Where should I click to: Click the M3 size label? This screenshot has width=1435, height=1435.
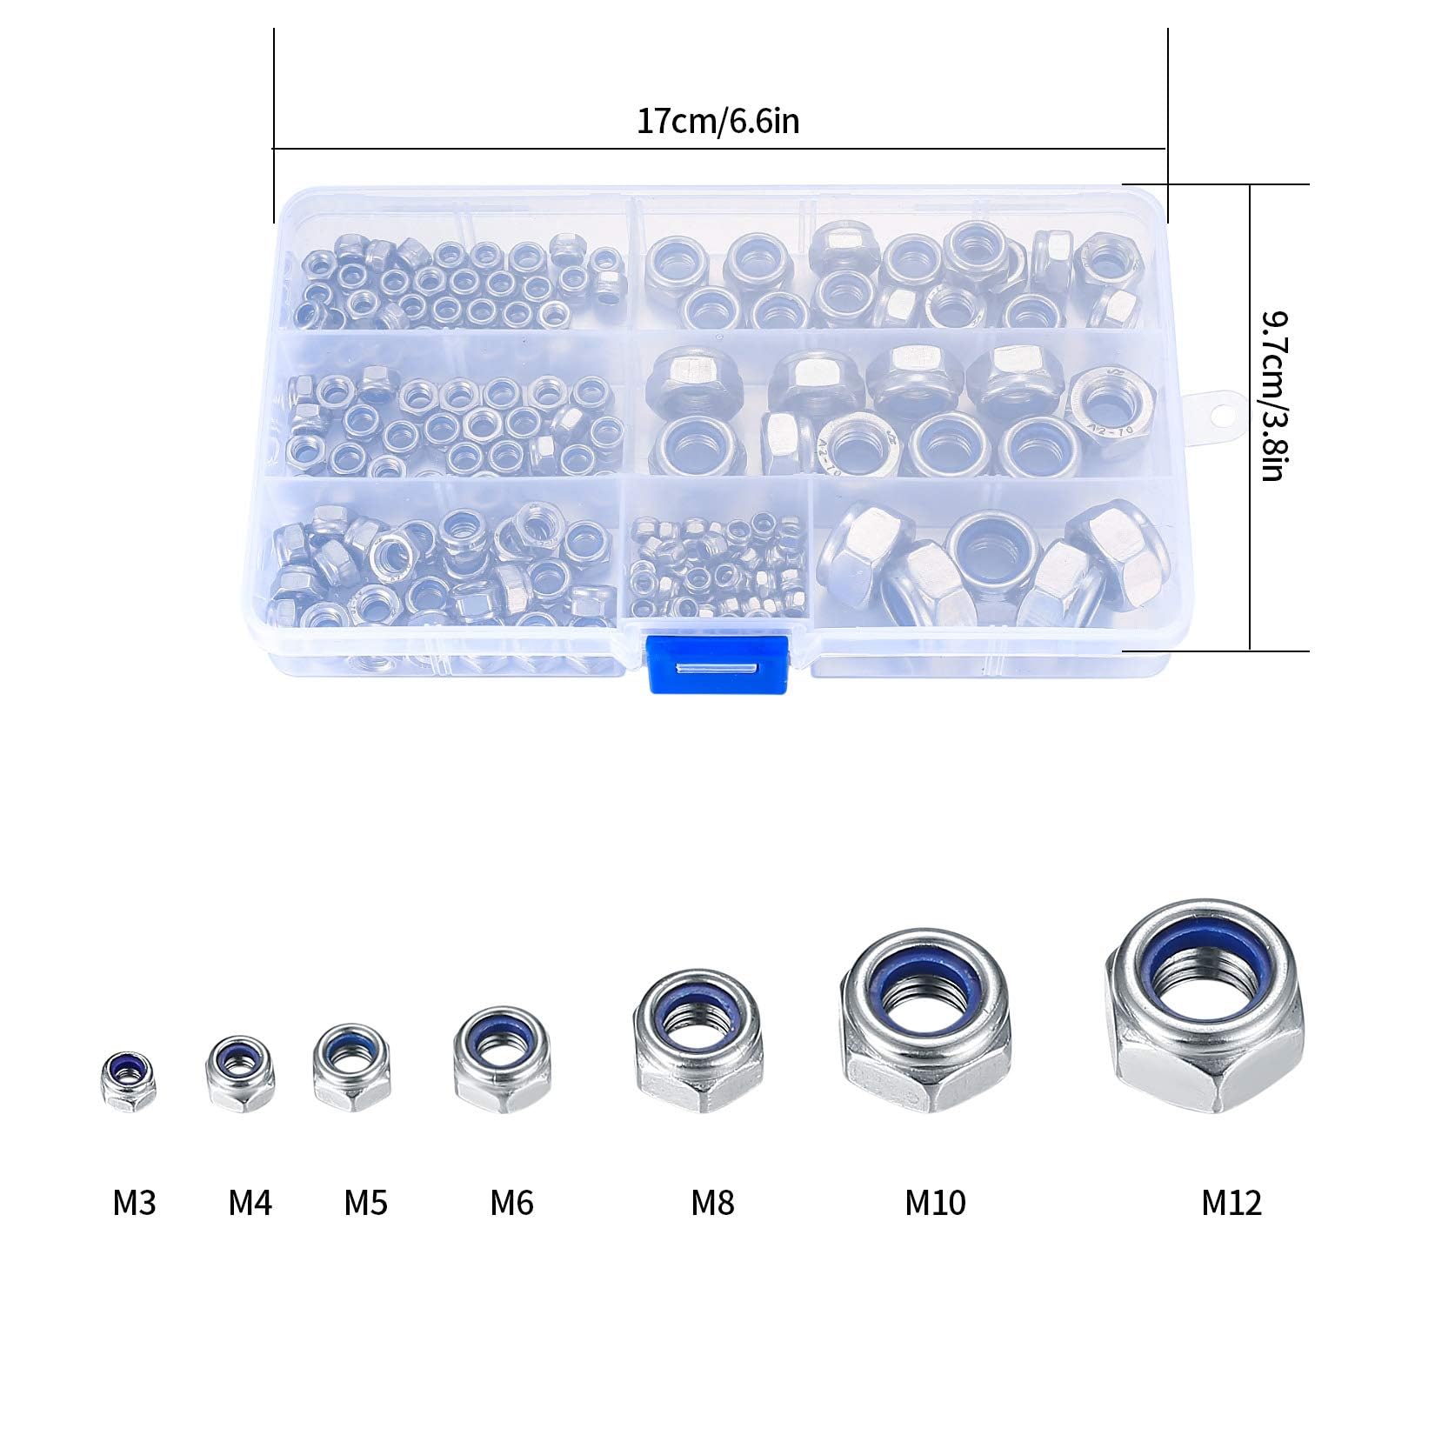click(134, 1203)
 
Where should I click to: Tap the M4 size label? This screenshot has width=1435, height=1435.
click(250, 1203)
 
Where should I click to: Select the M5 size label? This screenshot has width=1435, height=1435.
click(365, 1203)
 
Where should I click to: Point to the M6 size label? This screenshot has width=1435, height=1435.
click(511, 1203)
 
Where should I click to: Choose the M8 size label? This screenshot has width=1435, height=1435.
click(712, 1203)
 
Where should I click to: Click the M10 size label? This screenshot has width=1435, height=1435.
click(935, 1203)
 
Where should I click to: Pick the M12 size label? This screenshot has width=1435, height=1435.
click(1231, 1203)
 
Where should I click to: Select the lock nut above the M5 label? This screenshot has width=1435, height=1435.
click(351, 1068)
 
